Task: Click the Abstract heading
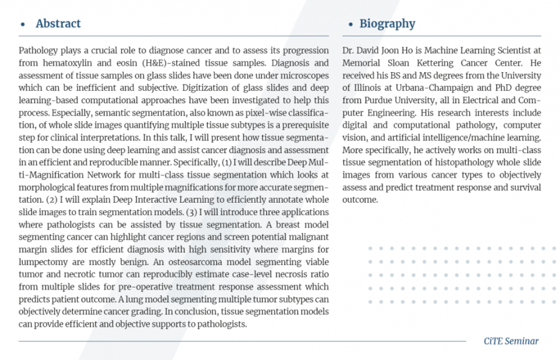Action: point(58,24)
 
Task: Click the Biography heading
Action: point(387,24)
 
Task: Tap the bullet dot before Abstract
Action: point(23,25)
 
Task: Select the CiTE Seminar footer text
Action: point(511,341)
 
